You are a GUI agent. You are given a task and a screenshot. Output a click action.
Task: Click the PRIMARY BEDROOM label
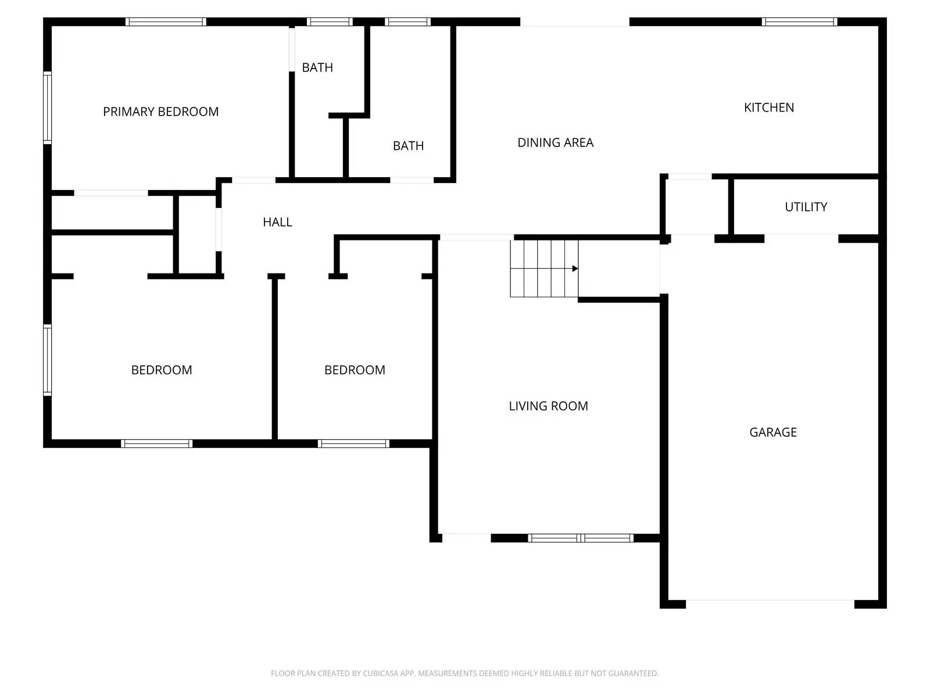(160, 112)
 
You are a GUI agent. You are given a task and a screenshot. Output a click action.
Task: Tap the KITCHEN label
(768, 107)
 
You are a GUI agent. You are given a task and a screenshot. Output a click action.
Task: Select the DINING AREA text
(555, 142)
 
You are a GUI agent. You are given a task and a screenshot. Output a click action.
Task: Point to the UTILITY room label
(806, 207)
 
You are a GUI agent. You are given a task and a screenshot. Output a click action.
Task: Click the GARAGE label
(772, 432)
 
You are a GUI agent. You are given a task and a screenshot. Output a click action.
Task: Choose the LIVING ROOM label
(548, 406)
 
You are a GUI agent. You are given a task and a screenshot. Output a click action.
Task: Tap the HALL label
(277, 222)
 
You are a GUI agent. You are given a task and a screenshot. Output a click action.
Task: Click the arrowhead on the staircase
(575, 268)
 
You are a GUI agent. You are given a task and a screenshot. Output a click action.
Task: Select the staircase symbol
(544, 268)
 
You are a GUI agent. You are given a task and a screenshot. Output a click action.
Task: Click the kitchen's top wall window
(799, 22)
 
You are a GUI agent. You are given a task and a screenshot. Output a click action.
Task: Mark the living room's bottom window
(580, 538)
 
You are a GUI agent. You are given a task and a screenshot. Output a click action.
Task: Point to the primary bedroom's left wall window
(48, 107)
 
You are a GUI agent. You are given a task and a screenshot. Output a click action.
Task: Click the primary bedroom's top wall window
(166, 22)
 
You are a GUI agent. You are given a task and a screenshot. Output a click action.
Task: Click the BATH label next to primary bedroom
(317, 67)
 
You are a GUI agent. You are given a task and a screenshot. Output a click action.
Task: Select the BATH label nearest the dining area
(408, 146)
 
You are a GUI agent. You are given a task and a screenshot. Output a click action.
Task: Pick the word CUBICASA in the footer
(381, 673)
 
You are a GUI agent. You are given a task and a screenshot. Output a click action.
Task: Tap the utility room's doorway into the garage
(801, 238)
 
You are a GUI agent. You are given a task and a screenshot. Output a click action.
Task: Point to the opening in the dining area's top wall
(574, 22)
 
